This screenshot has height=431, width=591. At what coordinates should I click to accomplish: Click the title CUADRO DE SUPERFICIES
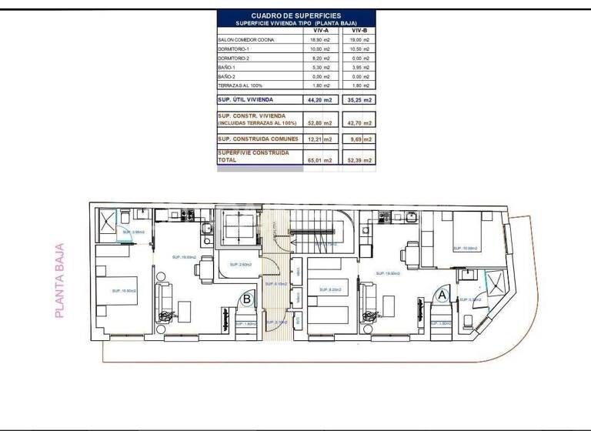pyautogui.click(x=296, y=15)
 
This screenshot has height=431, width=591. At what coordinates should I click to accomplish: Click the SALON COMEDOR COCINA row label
pyautogui.click(x=246, y=39)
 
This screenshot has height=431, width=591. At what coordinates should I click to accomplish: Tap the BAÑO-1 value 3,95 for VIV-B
pyautogui.click(x=361, y=67)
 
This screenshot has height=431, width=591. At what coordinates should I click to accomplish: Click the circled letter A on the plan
pyautogui.click(x=442, y=293)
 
